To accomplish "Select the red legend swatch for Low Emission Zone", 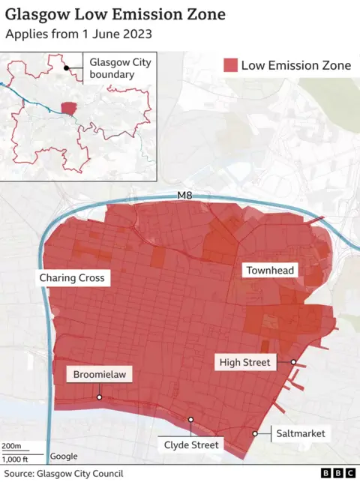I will pyautogui.click(x=229, y=65).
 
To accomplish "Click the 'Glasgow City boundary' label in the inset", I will pyautogui.click(x=120, y=68).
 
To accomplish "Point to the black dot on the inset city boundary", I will pyautogui.click(x=67, y=68).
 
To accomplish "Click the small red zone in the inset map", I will pyautogui.click(x=68, y=109).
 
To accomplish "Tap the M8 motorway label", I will pyautogui.click(x=184, y=196).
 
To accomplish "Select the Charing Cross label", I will pyautogui.click(x=73, y=278).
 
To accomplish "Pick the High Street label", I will pyautogui.click(x=244, y=363).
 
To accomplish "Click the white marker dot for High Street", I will pyautogui.click(x=294, y=362).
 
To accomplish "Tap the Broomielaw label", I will pyautogui.click(x=100, y=375).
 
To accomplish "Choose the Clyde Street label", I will pyautogui.click(x=191, y=445).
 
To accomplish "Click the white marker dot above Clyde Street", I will pyautogui.click(x=191, y=420).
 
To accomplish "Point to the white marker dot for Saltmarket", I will pyautogui.click(x=255, y=433).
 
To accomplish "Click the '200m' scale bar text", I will pyautogui.click(x=11, y=446).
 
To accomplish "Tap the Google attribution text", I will pyautogui.click(x=63, y=457).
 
